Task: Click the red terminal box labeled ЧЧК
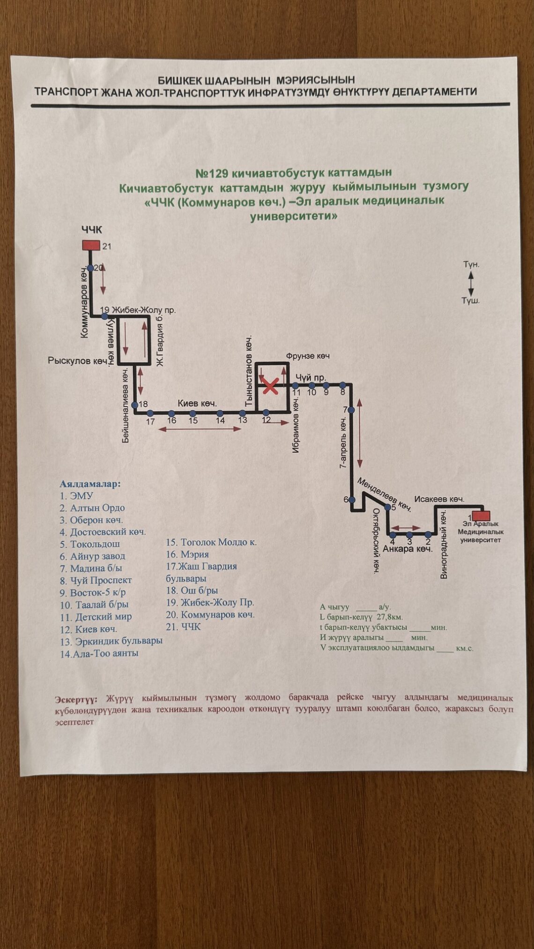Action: pos(91,245)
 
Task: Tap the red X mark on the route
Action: pos(270,387)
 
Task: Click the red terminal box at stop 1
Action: pos(481,515)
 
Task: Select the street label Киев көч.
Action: pos(197,403)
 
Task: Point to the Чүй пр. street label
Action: pos(311,377)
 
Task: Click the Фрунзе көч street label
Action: pos(308,356)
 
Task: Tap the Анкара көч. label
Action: pos(408,549)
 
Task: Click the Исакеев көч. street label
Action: pos(439,499)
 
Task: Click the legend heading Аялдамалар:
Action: pos(90,484)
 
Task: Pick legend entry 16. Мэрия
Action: pos(187,554)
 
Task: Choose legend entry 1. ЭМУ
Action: pos(76,496)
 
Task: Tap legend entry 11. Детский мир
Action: pos(96,617)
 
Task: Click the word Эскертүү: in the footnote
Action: pos(76,699)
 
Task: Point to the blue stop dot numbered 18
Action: pos(134,405)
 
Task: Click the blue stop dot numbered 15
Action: pos(193,413)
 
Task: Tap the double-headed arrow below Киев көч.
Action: pos(200,429)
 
